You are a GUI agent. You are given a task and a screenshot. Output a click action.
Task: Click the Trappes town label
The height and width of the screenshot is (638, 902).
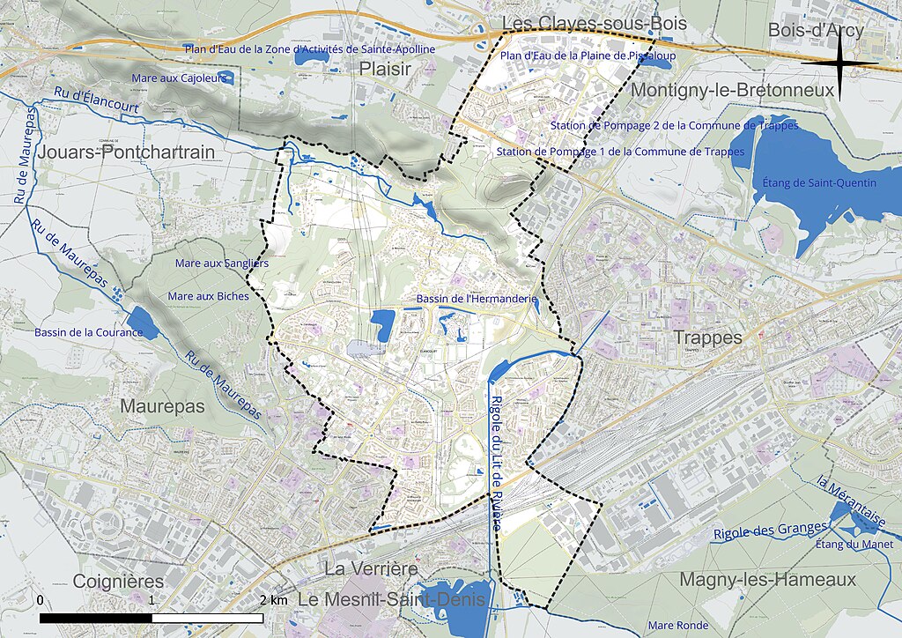coord(708,338)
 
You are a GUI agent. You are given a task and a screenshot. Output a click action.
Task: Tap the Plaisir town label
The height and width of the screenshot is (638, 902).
coord(385,70)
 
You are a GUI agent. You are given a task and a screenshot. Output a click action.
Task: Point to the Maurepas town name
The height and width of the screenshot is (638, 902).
coord(163,406)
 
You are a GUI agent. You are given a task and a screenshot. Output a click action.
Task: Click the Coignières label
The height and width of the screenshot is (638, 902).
coord(118,582)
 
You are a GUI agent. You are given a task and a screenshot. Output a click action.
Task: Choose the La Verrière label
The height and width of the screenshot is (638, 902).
coord(371,568)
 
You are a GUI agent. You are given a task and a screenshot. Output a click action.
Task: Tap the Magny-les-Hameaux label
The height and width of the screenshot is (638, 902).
coord(767,580)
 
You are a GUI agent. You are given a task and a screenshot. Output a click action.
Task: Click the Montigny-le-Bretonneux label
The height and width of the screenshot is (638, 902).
coord(732,90)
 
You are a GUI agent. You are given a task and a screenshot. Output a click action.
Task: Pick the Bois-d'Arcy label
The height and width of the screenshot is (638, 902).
coord(816,30)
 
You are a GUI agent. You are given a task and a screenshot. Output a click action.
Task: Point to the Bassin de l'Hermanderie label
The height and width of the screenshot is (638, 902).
coord(477,299)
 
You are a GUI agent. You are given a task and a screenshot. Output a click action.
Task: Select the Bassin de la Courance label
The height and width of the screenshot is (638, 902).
coord(88,332)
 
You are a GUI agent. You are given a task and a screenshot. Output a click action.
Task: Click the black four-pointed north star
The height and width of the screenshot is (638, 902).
coord(839,63)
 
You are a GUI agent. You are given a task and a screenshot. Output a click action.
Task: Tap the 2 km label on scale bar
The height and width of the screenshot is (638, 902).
coord(273,600)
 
